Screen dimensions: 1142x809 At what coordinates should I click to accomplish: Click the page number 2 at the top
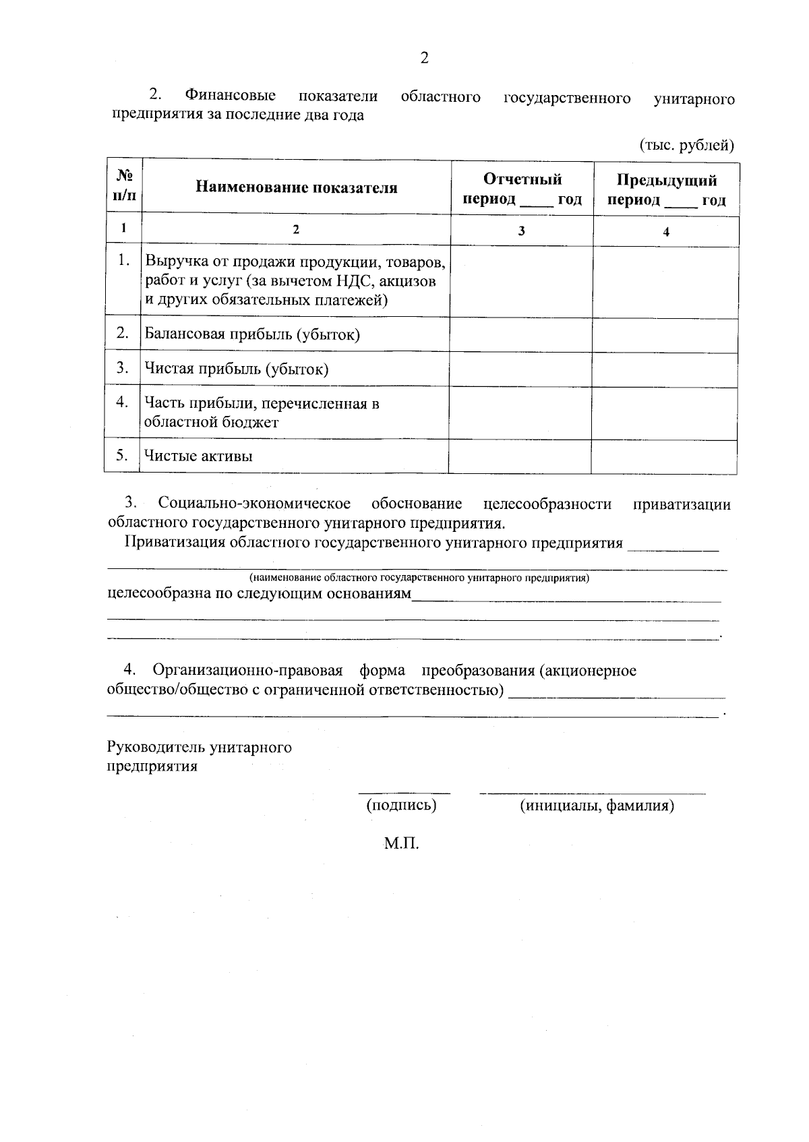(x=424, y=59)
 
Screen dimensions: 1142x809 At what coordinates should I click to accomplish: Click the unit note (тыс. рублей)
(x=686, y=145)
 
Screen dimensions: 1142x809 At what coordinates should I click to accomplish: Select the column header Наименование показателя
(x=297, y=188)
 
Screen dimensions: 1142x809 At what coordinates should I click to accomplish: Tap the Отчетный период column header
(x=522, y=189)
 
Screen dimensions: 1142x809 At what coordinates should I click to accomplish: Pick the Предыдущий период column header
(x=666, y=190)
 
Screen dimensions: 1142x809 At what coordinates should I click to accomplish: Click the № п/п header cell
(x=124, y=185)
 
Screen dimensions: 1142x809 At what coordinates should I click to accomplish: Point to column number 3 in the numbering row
(x=521, y=231)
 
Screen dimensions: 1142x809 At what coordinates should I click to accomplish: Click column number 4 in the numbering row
(x=666, y=232)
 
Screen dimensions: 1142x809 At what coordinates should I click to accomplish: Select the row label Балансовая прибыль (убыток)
(x=252, y=334)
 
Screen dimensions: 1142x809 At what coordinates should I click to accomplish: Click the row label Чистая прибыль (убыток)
(x=237, y=369)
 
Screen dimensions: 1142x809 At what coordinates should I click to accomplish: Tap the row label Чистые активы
(x=199, y=456)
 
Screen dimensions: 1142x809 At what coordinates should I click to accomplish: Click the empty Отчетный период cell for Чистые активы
(x=520, y=456)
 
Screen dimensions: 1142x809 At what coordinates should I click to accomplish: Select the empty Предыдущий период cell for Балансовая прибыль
(x=665, y=335)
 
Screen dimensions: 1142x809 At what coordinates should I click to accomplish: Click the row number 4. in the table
(x=122, y=402)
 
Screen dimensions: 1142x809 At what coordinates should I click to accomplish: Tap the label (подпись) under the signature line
(x=401, y=805)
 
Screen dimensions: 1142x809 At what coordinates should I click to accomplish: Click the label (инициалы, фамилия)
(x=597, y=806)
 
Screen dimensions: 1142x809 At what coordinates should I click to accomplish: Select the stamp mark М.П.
(x=402, y=843)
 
